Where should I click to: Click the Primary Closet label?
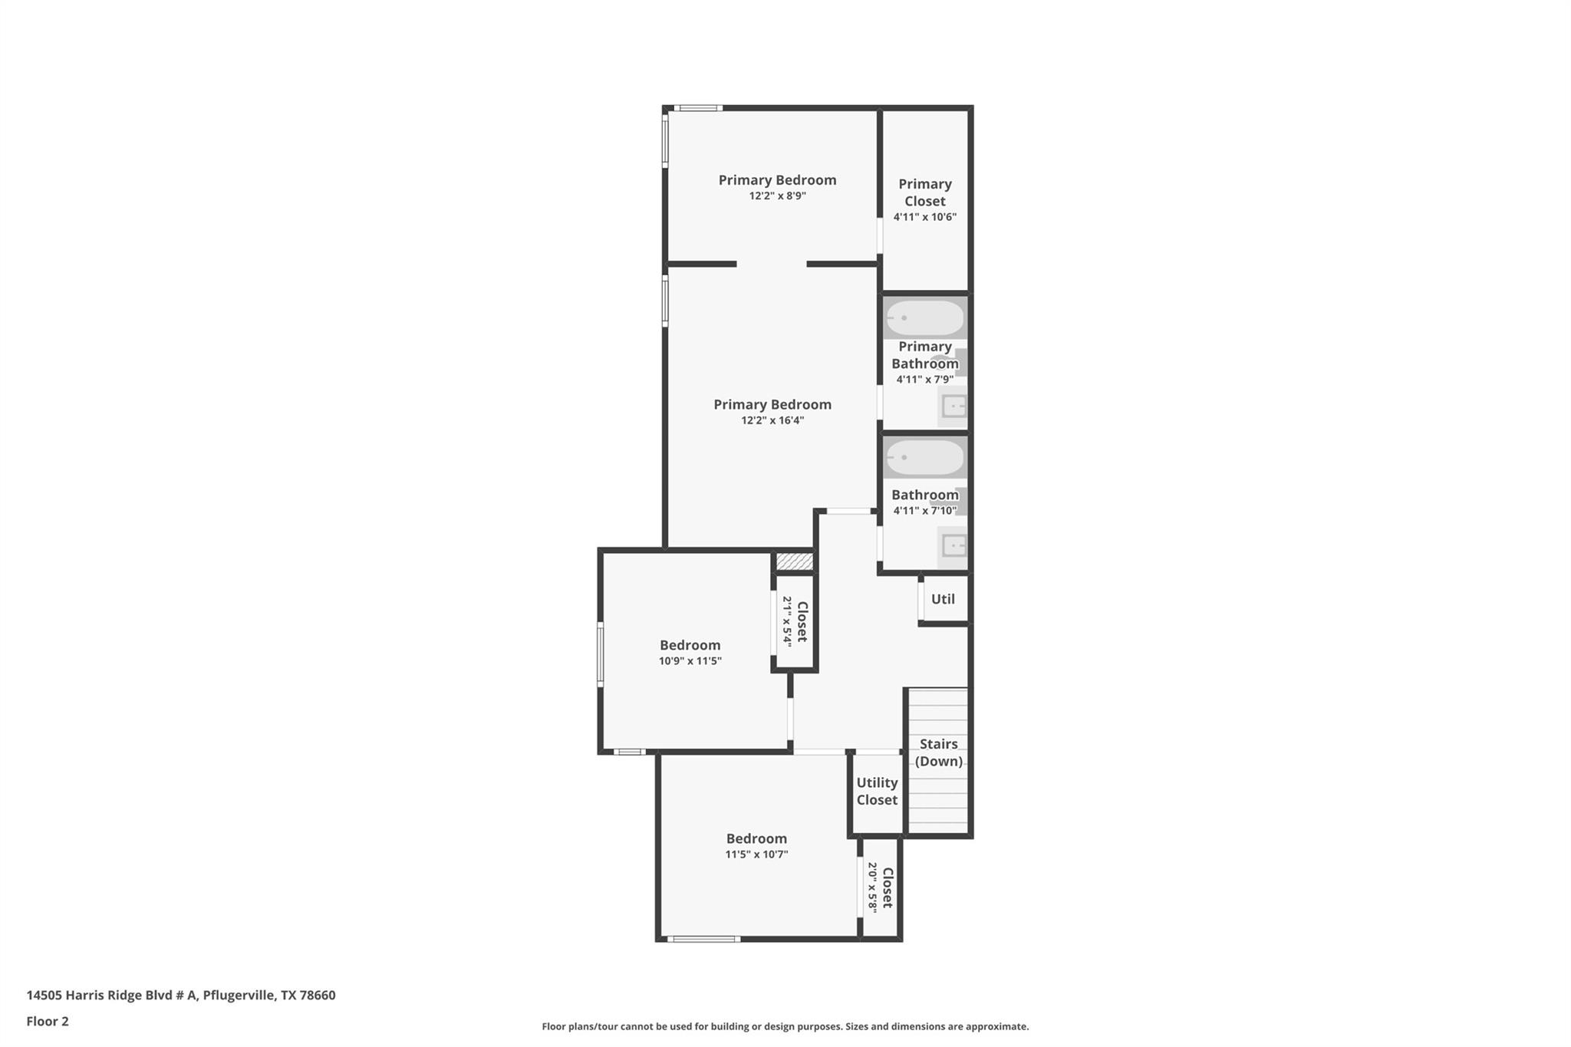924,193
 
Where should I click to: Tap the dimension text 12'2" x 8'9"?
777,196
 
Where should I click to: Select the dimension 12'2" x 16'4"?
772,420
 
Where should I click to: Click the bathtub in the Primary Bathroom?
924,318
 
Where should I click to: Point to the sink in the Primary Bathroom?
953,406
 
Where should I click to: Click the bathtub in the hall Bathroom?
924,458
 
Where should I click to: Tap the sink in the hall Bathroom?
953,546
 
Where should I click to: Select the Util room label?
943,599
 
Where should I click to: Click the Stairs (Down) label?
938,752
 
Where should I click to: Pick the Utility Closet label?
877,791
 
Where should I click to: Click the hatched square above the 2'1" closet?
794,561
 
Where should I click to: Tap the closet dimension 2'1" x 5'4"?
787,621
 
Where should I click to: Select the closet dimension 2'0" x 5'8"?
872,887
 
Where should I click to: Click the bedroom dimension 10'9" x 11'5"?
690,661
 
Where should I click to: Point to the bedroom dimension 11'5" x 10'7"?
756,854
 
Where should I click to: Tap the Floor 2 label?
48,1022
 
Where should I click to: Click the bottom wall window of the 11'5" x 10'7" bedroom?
703,939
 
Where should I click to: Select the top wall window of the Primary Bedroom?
697,108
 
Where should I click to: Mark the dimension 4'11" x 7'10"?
924,511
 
